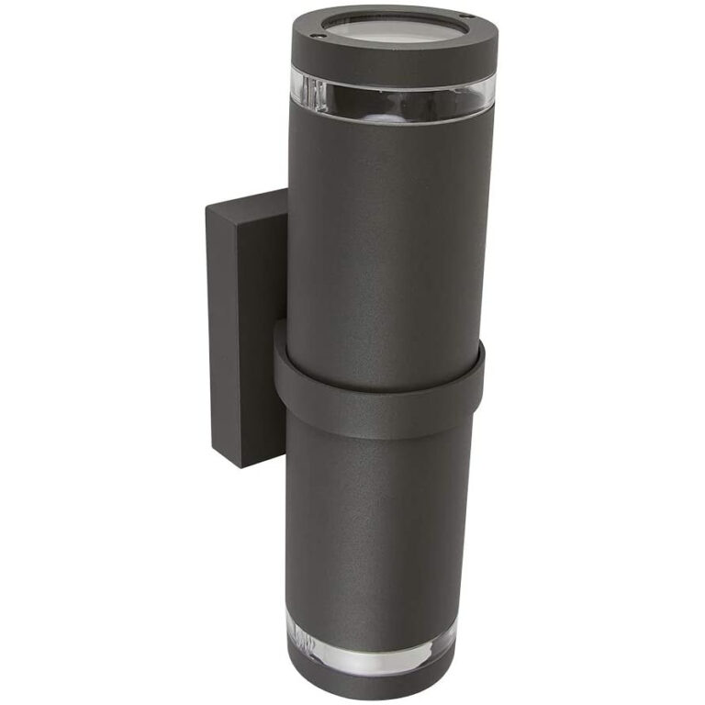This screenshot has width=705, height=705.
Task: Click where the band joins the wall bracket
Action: (280, 353)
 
